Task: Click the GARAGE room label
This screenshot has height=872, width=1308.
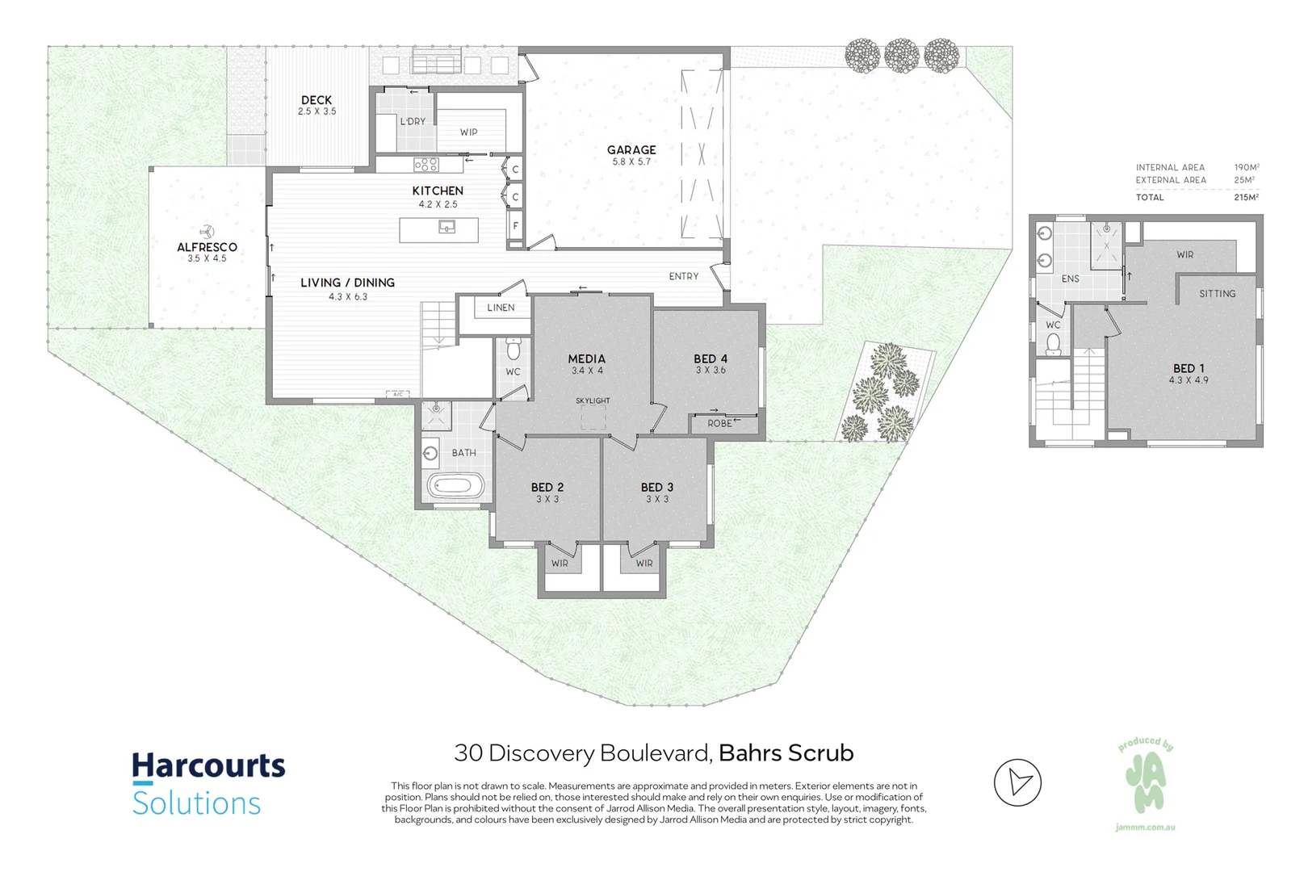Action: tap(631, 150)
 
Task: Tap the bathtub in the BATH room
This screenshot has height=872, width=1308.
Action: tap(455, 487)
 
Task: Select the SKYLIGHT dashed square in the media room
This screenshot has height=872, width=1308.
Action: tap(593, 417)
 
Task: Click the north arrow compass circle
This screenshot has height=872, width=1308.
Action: tap(1017, 782)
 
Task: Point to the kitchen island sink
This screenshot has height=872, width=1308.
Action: tap(446, 228)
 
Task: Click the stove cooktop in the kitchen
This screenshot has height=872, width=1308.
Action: tap(426, 165)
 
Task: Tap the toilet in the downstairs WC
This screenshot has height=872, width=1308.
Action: tap(513, 350)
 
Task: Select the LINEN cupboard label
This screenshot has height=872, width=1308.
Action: tap(501, 308)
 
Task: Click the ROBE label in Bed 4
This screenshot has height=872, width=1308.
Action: tap(719, 424)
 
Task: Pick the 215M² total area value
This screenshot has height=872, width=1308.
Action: tap(1246, 197)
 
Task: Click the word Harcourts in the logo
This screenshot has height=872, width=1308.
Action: tap(208, 765)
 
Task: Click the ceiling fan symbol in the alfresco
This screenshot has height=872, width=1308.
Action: tap(208, 232)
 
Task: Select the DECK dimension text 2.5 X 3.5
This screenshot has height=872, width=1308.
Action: tap(317, 111)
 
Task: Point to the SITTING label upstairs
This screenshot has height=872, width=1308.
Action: tap(1217, 294)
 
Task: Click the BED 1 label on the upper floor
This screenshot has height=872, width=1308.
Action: tap(1189, 368)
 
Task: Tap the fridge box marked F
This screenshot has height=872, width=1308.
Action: tap(515, 226)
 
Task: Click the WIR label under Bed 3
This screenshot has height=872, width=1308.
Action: tap(644, 564)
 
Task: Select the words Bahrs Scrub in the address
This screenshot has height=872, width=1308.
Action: tap(786, 753)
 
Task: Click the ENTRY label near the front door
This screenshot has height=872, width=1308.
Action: tap(683, 276)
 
